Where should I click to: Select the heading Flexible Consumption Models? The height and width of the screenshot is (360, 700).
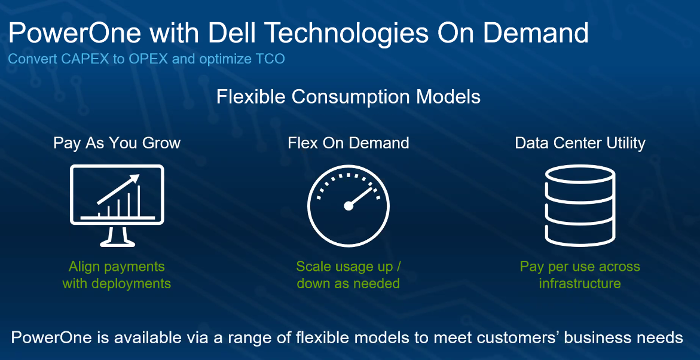349,97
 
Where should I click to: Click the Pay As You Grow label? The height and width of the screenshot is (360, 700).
117,143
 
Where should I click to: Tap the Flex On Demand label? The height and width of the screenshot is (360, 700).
349,143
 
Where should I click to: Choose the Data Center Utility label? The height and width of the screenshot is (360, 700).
580,143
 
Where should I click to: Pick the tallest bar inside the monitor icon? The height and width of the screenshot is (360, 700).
139,201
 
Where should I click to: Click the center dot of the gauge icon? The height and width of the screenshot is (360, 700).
349,206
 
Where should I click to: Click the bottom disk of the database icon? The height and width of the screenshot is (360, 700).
580,236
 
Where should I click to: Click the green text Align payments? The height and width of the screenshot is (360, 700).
117,267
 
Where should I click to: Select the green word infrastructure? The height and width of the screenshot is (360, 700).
580,283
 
